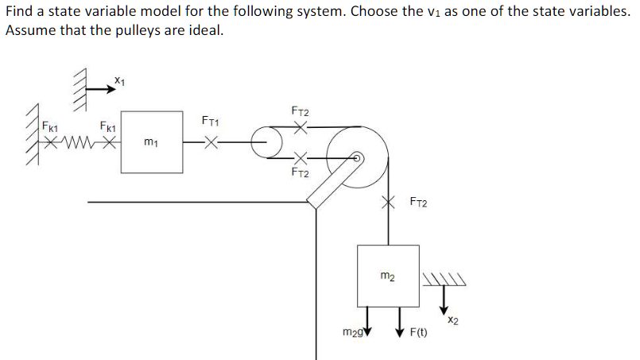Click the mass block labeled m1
click(x=151, y=143)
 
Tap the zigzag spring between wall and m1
click(x=79, y=144)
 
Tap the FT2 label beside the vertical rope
click(x=418, y=203)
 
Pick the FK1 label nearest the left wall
click(x=50, y=126)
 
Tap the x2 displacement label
click(x=452, y=320)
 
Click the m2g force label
click(x=352, y=331)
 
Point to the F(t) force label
click(x=418, y=331)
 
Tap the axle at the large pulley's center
click(x=358, y=158)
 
